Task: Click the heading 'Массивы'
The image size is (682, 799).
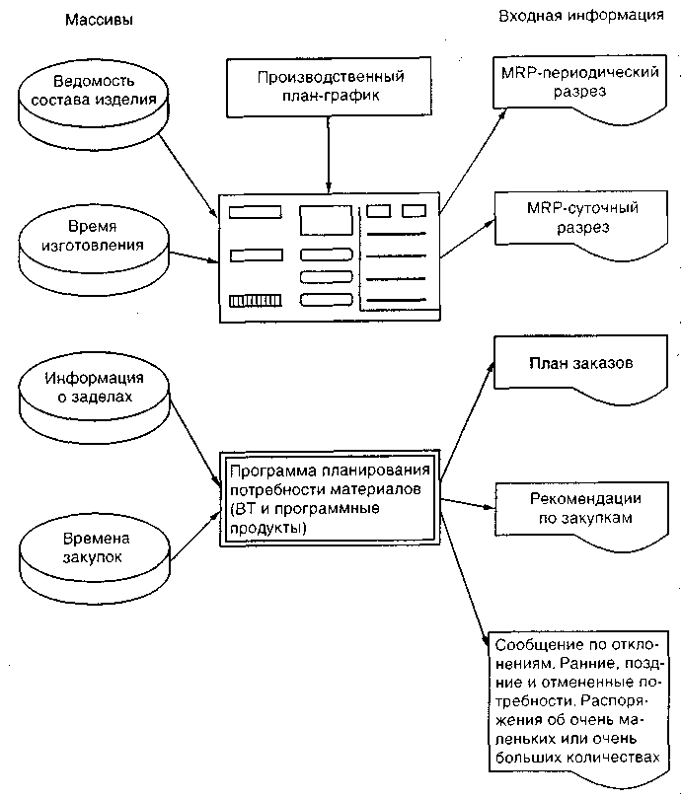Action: pyautogui.click(x=99, y=20)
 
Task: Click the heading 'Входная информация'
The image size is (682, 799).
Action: pyautogui.click(x=581, y=16)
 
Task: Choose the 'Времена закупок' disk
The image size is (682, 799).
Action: pyautogui.click(x=95, y=557)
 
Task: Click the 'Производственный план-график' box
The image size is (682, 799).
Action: pyautogui.click(x=329, y=87)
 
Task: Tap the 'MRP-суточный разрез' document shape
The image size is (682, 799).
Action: pyautogui.click(x=581, y=225)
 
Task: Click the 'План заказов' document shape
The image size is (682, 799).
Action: pyautogui.click(x=581, y=369)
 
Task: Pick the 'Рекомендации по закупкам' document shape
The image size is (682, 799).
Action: pyautogui.click(x=582, y=516)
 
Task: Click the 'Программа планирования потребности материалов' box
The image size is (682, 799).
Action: pyautogui.click(x=330, y=499)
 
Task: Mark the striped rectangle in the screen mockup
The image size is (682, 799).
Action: pyautogui.click(x=256, y=301)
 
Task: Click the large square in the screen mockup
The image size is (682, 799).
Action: pyautogui.click(x=326, y=220)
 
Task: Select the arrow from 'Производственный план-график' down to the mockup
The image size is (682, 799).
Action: pyautogui.click(x=329, y=155)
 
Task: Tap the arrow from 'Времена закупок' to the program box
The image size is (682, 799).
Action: pyautogui.click(x=195, y=536)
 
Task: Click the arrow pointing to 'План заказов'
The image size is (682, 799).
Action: pyautogui.click(x=468, y=421)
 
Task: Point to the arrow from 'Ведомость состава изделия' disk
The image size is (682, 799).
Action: pyautogui.click(x=189, y=175)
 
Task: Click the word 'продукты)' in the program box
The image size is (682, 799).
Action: pyautogui.click(x=268, y=528)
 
